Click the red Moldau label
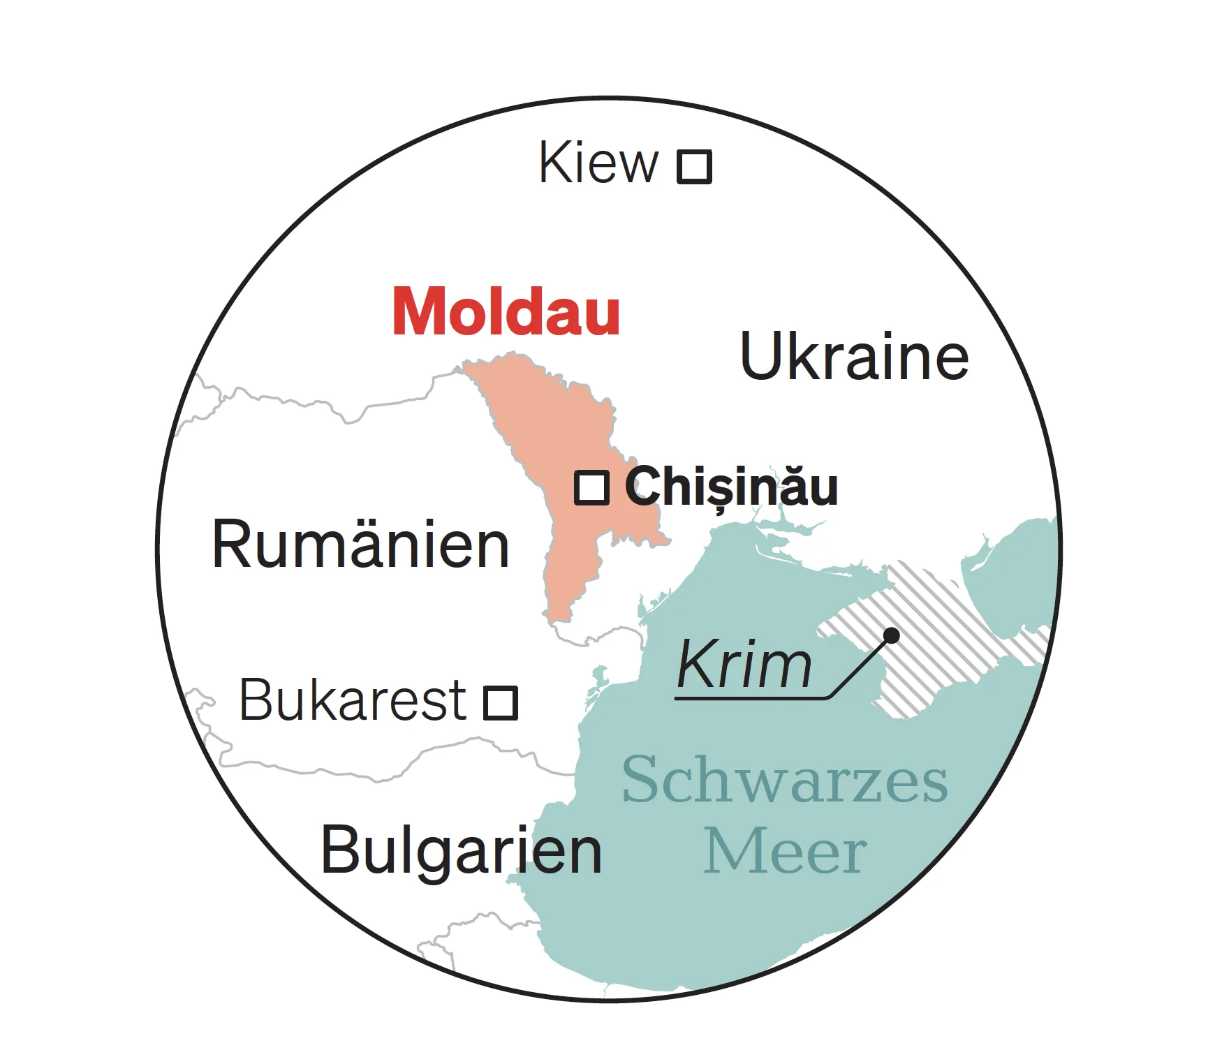(x=506, y=312)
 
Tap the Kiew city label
(x=598, y=163)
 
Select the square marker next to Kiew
(x=695, y=167)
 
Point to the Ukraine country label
(x=854, y=357)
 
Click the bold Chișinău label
(x=731, y=487)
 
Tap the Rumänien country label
(x=360, y=545)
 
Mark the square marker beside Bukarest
(x=501, y=702)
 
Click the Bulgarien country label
(x=461, y=850)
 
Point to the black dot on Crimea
(x=891, y=635)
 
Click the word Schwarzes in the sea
(x=785, y=780)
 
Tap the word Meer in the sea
(x=785, y=852)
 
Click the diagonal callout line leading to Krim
(x=859, y=667)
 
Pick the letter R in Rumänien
(x=229, y=545)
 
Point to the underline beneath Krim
(x=751, y=697)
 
